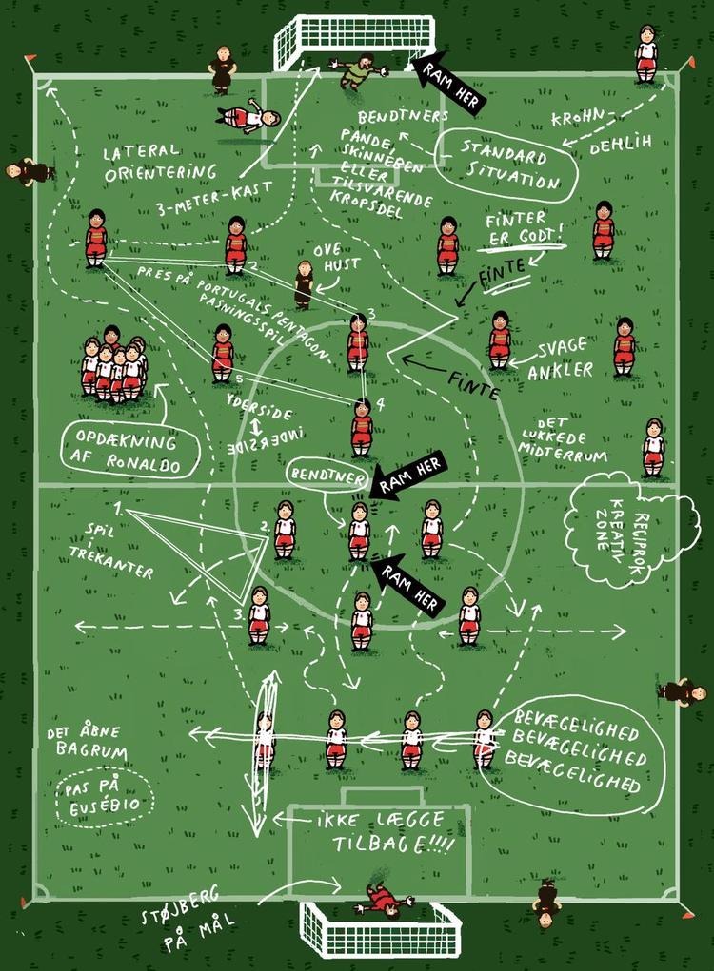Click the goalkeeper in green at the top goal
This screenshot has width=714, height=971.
click(358, 70)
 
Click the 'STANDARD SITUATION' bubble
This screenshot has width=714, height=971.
click(506, 165)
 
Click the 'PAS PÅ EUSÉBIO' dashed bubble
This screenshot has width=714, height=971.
click(104, 798)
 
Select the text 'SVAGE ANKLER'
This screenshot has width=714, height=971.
click(562, 359)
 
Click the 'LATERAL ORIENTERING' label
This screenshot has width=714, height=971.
click(159, 163)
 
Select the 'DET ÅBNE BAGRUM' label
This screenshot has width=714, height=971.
click(88, 741)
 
